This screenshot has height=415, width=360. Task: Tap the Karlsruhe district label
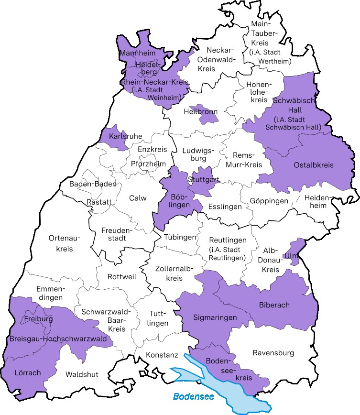point(125,136)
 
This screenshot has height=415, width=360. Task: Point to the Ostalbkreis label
point(314,165)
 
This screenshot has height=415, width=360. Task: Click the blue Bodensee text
point(193,396)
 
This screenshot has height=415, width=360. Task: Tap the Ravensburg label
point(273,353)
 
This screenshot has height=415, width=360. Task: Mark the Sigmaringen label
point(215,317)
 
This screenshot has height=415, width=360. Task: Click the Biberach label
point(274,305)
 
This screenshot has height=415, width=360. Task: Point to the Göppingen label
point(269,201)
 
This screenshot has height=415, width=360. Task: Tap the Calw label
point(138,198)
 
